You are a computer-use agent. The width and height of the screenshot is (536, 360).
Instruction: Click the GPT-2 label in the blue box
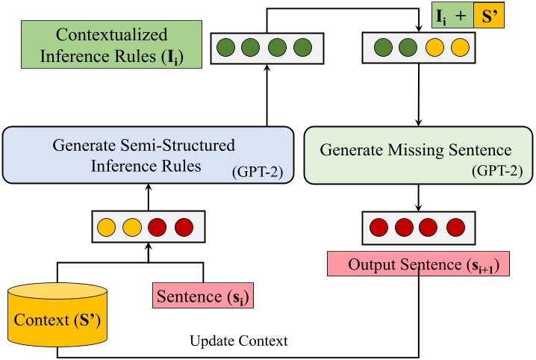[x=252, y=173]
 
